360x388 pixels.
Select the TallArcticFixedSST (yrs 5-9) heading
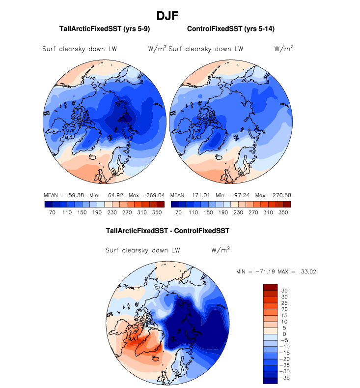pyautogui.click(x=104, y=30)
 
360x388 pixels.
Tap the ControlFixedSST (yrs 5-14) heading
pyautogui.click(x=231, y=30)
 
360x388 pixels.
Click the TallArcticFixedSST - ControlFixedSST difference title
pyautogui.click(x=168, y=230)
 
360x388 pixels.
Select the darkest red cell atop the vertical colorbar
pyautogui.click(x=271, y=287)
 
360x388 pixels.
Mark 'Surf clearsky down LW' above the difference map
pyautogui.click(x=142, y=250)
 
